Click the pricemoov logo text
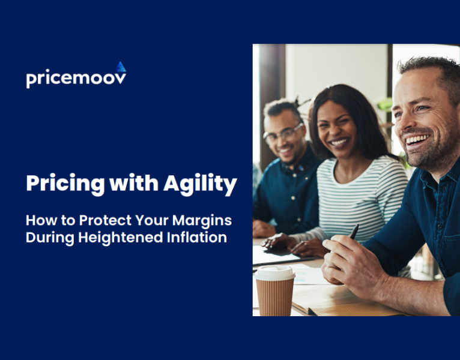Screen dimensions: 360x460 pyautogui.click(x=76, y=79)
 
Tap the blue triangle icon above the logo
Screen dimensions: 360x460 pyautogui.click(x=121, y=67)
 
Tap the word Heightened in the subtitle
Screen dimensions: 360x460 pyautogui.click(x=113, y=237)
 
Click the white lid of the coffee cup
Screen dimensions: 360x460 pyautogui.click(x=275, y=272)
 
